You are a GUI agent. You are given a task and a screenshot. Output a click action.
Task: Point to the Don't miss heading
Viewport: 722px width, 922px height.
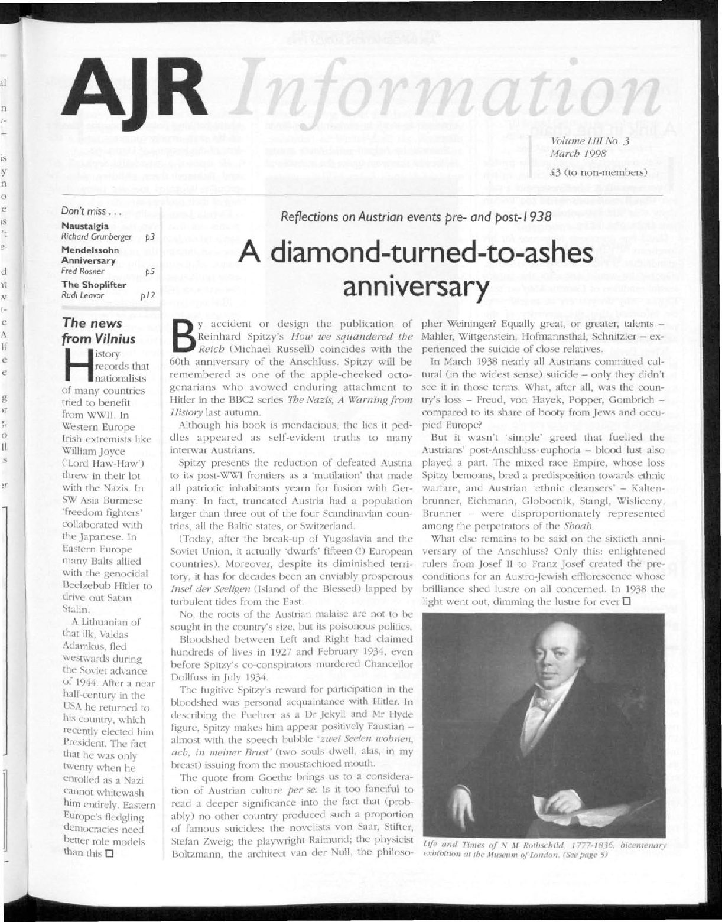[x=87, y=211]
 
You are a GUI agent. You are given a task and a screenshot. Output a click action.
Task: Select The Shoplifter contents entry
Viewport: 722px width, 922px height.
[x=89, y=283]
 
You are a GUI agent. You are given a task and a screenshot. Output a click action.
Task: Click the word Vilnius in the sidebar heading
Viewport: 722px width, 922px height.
[x=115, y=339]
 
